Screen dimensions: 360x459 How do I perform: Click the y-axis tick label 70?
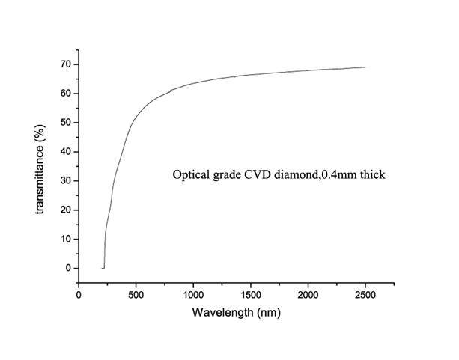(66, 64)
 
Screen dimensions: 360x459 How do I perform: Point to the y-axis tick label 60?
(66, 94)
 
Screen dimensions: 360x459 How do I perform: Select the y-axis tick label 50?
(66, 123)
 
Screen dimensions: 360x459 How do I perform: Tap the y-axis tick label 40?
(66, 152)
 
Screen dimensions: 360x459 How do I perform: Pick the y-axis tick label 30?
(66, 181)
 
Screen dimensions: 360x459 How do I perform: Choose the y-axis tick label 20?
(66, 210)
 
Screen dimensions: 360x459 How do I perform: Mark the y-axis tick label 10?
(66, 239)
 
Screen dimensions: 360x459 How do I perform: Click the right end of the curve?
(365, 67)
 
